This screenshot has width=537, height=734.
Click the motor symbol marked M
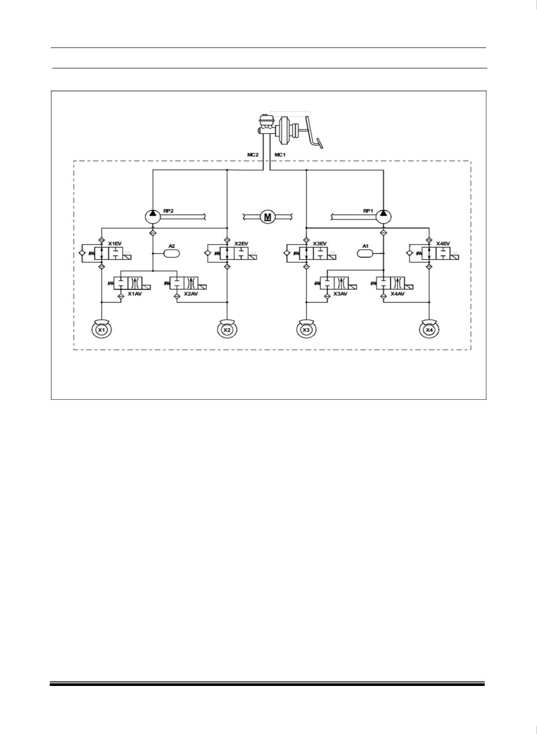tap(267, 216)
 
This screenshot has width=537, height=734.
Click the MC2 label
tap(253, 154)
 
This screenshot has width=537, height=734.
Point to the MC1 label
tap(280, 154)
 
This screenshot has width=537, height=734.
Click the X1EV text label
tap(115, 243)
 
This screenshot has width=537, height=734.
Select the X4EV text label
tap(444, 243)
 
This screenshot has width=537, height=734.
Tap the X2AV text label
tap(191, 294)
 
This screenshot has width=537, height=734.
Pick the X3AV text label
tap(340, 294)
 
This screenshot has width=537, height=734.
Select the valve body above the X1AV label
tap(128, 283)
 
